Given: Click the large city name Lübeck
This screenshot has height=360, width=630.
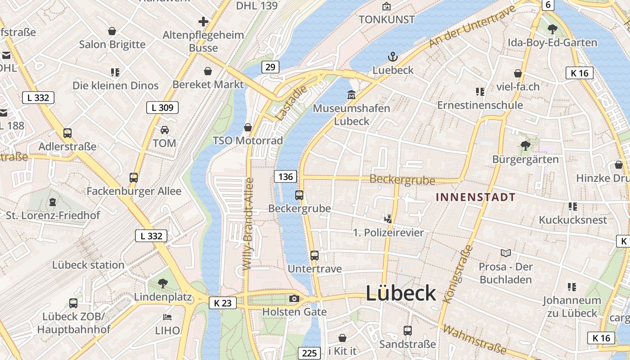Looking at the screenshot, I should (x=400, y=293).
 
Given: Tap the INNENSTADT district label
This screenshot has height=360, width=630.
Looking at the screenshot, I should (x=476, y=197).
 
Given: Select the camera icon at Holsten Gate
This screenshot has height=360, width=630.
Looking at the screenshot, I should (x=294, y=298).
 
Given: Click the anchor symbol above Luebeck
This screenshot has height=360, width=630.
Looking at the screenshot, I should (x=393, y=57).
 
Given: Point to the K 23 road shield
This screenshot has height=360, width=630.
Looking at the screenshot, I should (x=223, y=303).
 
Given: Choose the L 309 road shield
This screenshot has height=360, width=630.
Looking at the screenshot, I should (x=162, y=108).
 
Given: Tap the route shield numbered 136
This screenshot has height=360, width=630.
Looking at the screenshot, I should (x=286, y=176).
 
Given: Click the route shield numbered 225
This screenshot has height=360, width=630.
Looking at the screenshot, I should (x=309, y=353).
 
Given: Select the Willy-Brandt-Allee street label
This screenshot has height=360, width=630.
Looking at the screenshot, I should (x=248, y=224).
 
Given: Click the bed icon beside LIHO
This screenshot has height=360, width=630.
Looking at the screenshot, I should (x=167, y=317).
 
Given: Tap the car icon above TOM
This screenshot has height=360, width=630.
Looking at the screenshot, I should (x=165, y=130).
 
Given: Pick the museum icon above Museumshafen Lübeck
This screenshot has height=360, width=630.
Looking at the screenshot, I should (x=351, y=95).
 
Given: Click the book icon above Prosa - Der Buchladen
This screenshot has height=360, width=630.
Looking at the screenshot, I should (x=506, y=253).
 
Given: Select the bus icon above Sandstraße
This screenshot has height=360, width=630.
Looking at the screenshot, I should (x=407, y=331).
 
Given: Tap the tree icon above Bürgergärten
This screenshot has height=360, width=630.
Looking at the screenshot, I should (x=525, y=145).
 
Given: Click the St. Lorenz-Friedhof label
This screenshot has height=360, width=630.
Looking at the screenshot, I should (x=53, y=216).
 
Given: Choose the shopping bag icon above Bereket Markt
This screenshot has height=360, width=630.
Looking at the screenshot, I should (x=208, y=71).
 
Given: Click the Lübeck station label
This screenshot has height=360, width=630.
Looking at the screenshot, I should (x=88, y=265).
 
